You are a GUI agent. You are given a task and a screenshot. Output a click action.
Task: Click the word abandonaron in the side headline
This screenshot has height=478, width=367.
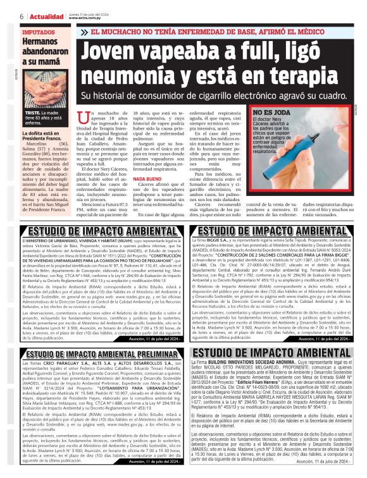click(44, 53)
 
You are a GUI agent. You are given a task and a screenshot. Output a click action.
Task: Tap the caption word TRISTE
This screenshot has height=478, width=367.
click(33, 112)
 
